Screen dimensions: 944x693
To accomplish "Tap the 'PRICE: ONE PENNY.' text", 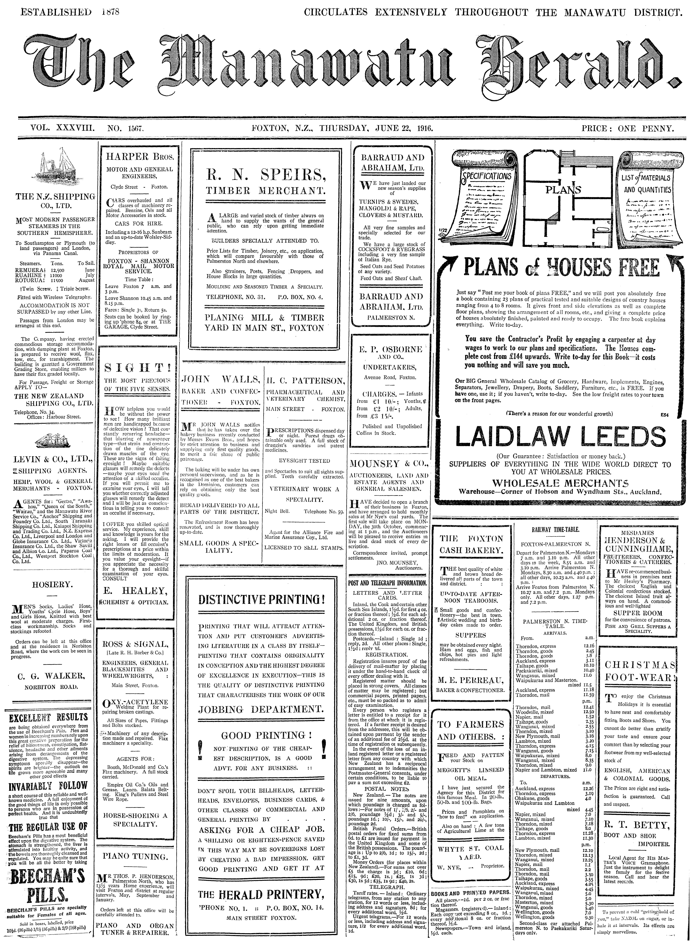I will click(x=628, y=129).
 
